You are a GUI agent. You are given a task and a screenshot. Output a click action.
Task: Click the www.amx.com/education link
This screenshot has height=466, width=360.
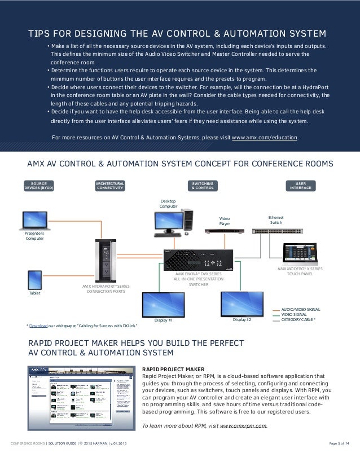(265, 137)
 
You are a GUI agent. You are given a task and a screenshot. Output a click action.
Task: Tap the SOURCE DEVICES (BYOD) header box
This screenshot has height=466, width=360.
(39, 186)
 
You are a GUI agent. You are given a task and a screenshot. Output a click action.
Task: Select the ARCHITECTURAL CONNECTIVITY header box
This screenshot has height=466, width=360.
(110, 186)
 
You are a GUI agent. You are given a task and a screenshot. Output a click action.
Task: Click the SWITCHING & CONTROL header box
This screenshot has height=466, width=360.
(203, 186)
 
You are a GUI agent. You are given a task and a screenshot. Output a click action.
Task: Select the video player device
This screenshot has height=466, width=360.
(224, 230)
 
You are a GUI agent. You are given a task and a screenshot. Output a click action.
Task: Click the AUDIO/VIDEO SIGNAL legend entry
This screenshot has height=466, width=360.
(300, 310)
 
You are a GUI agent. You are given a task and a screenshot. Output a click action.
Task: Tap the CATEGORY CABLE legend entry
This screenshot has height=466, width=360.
(298, 320)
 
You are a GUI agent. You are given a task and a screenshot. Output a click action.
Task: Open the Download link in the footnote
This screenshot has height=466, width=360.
(39, 326)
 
